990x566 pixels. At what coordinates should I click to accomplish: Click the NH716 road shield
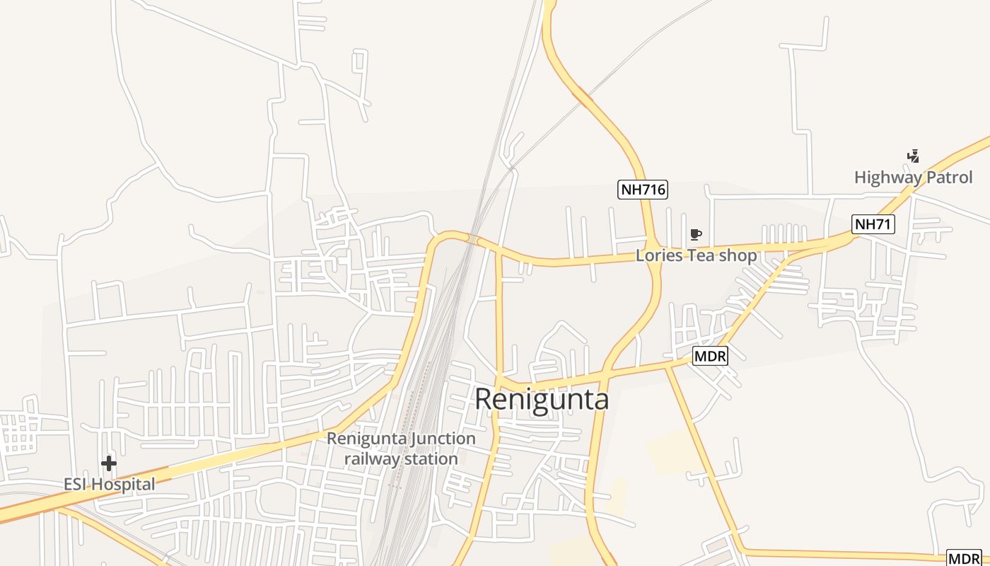[x=643, y=190]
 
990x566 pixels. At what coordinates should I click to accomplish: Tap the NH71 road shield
[x=873, y=225]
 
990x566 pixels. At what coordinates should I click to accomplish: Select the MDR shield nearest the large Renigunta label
[x=710, y=357]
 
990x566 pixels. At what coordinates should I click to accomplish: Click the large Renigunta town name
[x=541, y=399]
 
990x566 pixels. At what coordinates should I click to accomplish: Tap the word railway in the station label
[x=372, y=459]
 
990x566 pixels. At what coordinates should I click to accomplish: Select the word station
[x=430, y=459]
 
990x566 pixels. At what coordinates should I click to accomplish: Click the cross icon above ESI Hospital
[x=108, y=463]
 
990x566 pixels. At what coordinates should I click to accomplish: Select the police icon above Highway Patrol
[x=913, y=156]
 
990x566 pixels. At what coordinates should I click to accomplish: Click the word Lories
[x=659, y=255]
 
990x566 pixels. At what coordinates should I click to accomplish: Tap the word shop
[x=738, y=255]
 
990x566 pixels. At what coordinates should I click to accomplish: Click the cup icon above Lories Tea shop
[x=696, y=234]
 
